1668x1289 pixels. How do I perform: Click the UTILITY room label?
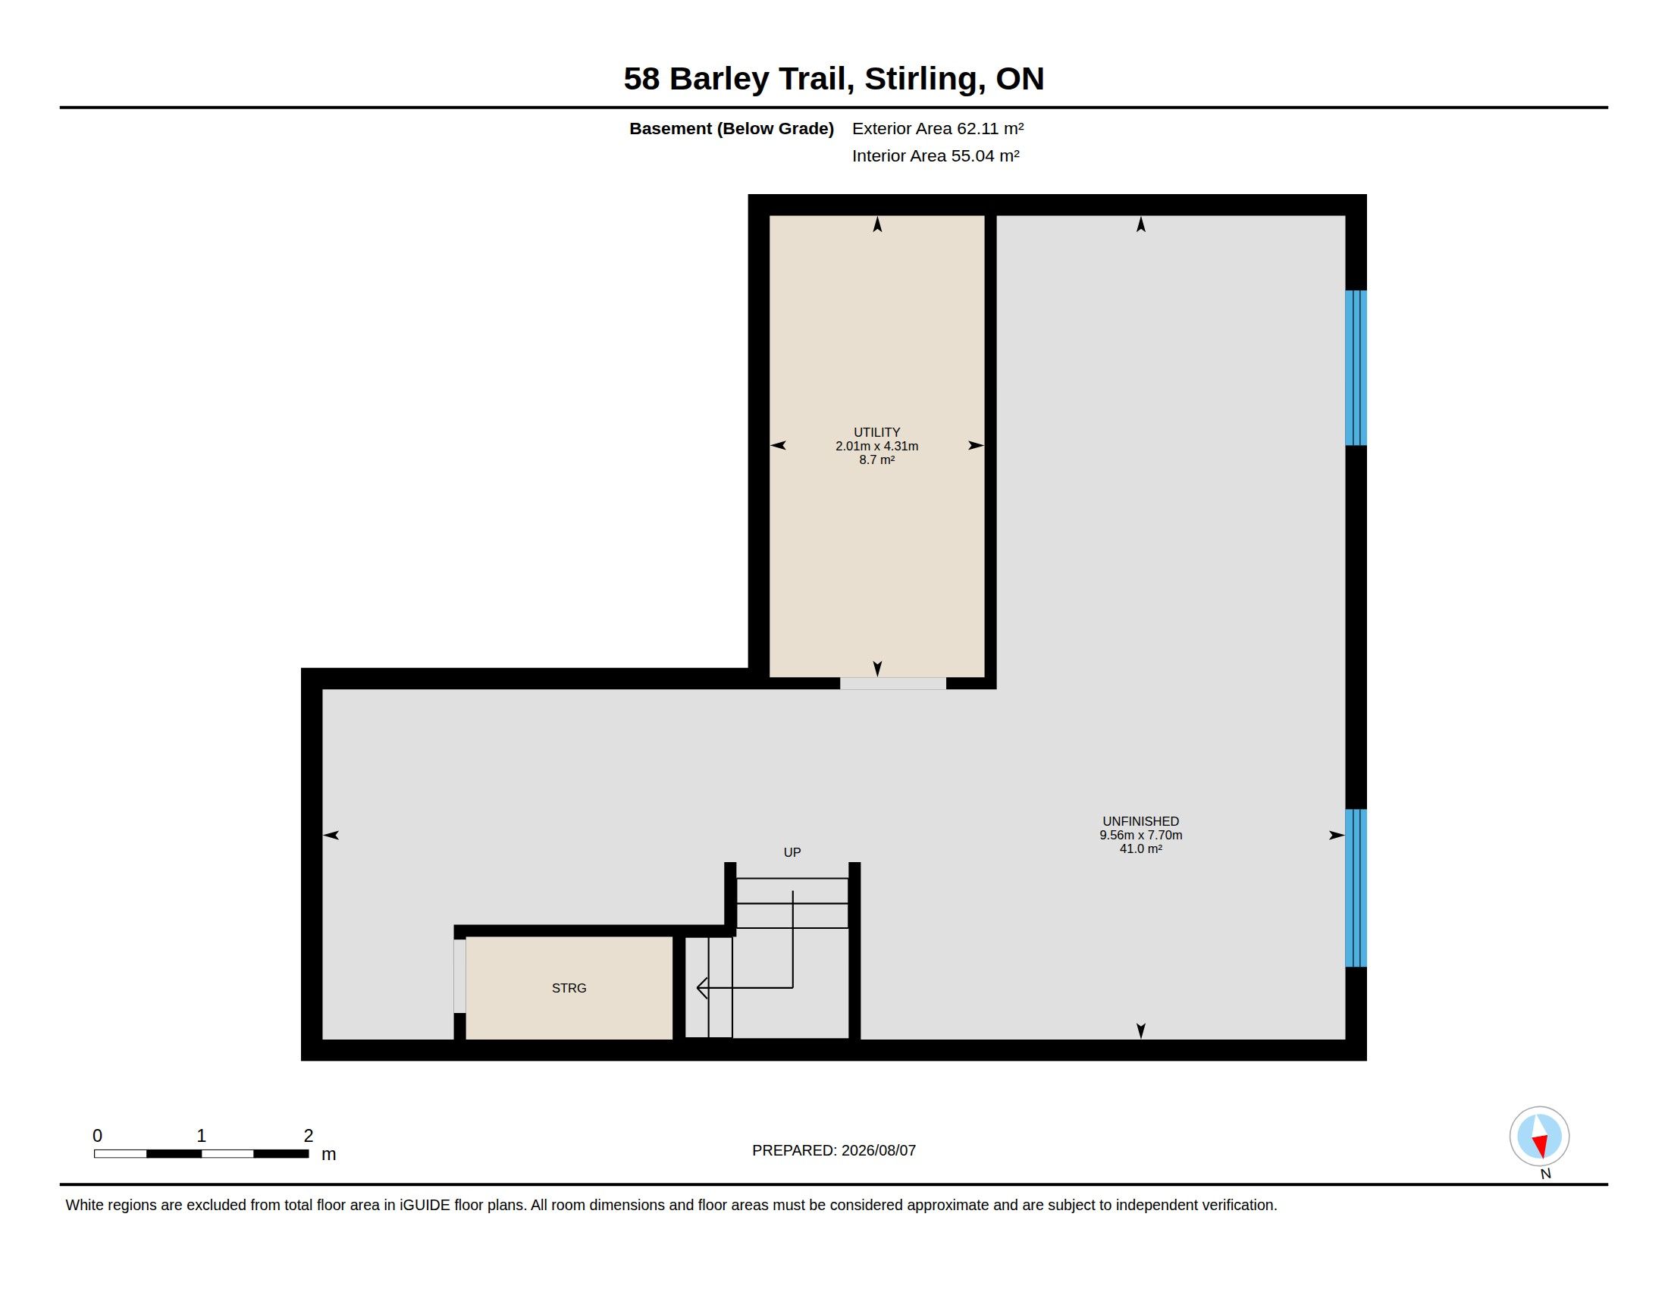tap(876, 432)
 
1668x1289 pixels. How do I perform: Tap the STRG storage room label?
tap(569, 988)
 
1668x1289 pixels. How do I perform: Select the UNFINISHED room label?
tap(1140, 822)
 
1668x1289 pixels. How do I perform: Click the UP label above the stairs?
tap(792, 852)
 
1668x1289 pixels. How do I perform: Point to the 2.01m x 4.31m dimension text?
tap(876, 446)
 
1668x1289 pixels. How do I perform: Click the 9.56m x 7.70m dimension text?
tap(1140, 836)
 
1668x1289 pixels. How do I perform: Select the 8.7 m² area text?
tap(876, 459)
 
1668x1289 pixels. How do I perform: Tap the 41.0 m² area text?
tap(1140, 849)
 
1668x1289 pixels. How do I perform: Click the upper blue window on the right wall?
tap(1356, 367)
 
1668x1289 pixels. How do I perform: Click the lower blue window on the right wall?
tap(1356, 888)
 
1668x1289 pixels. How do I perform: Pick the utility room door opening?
tap(893, 683)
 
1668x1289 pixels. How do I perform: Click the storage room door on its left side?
tap(459, 976)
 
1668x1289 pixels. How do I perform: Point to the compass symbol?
tap(1539, 1136)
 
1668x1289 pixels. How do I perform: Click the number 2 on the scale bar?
tap(309, 1136)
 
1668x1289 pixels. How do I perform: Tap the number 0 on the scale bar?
tap(98, 1136)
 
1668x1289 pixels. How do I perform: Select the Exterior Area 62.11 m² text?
tap(938, 128)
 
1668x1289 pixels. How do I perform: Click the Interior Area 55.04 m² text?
tap(936, 155)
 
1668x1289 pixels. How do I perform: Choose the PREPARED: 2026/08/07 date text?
tap(834, 1150)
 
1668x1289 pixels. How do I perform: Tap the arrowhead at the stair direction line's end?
tap(701, 988)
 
